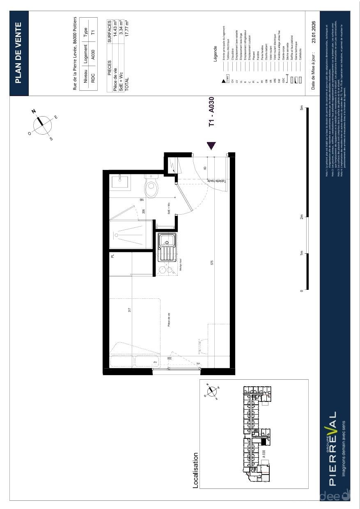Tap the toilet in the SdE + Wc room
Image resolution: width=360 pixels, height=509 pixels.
pos(151,188)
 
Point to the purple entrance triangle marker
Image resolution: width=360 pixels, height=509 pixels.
pos(212,145)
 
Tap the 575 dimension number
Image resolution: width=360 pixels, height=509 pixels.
pos(212,263)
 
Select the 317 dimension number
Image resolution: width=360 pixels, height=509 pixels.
pos(130,310)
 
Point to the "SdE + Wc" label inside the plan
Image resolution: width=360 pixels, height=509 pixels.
pos(169,209)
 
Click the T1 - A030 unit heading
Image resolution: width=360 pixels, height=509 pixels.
pos(211,112)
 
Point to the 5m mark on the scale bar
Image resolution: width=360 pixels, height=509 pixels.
pos(302,108)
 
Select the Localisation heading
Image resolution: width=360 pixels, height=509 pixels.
pos(196,470)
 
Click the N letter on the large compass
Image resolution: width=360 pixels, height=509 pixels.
pos(34,111)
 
